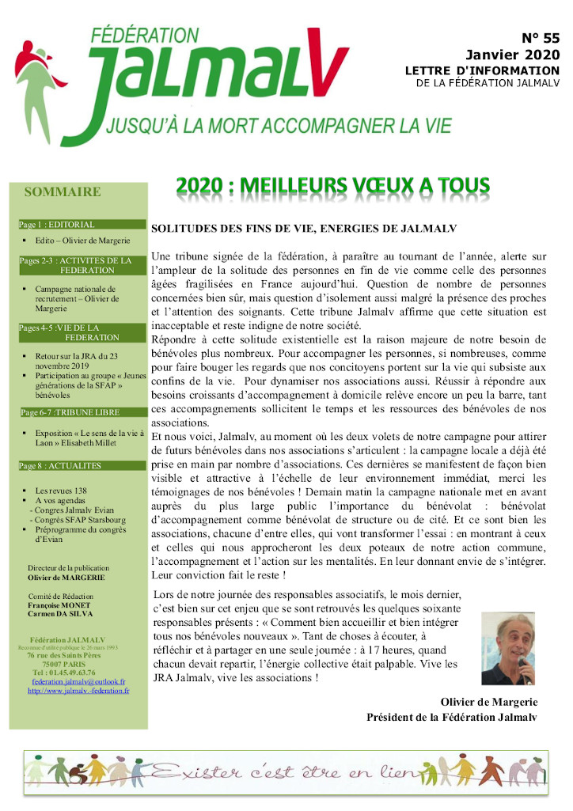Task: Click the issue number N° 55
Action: (x=541, y=38)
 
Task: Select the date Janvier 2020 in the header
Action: (x=512, y=55)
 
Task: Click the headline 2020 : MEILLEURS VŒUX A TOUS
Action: (x=332, y=185)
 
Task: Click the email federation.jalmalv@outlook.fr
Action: (x=78, y=680)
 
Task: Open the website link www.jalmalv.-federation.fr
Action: (x=78, y=690)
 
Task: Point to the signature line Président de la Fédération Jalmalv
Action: (x=451, y=717)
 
